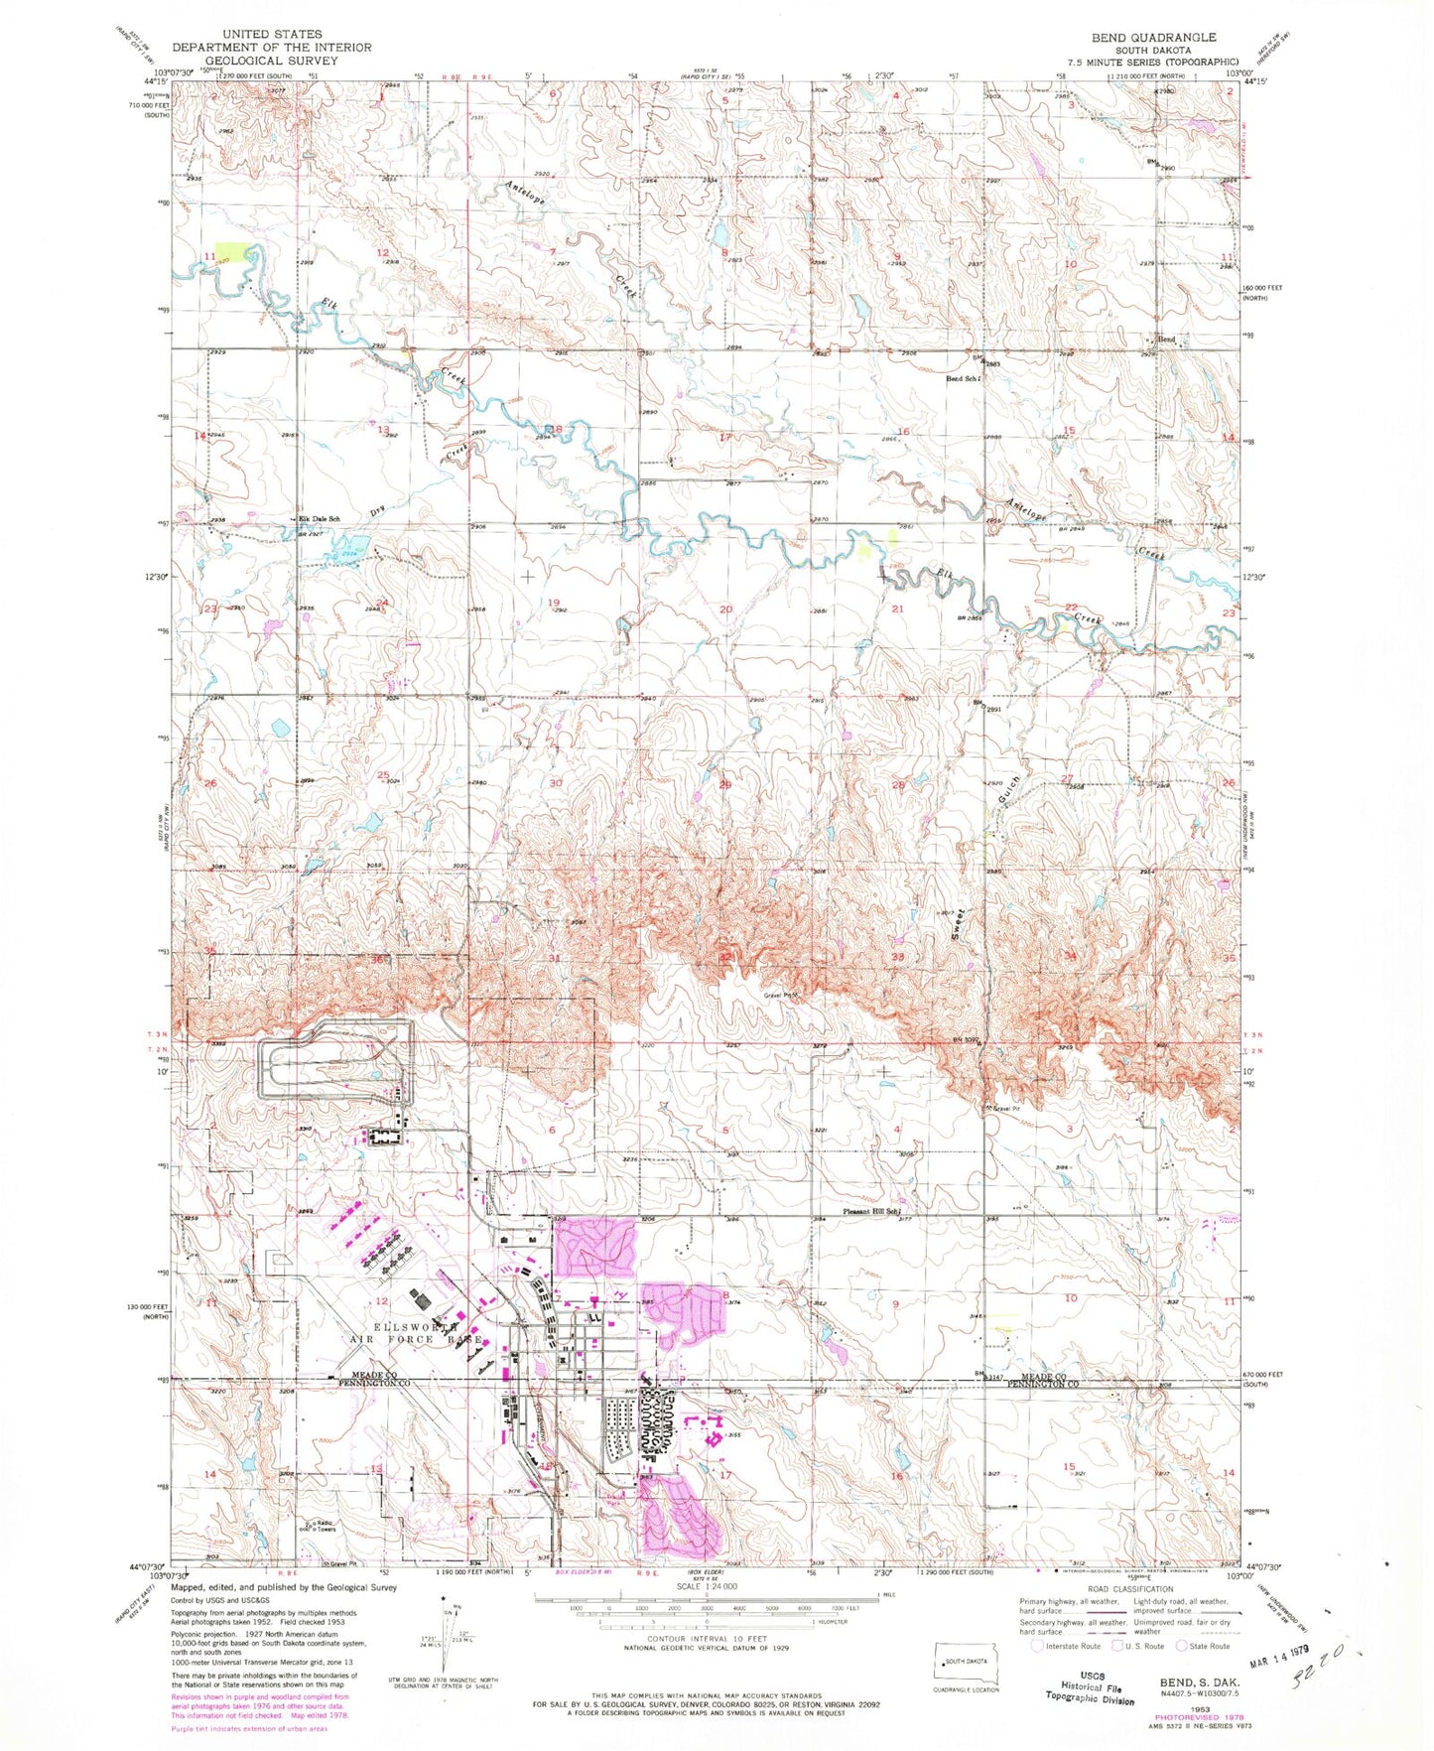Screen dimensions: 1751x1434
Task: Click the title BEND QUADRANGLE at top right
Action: [x=1153, y=37]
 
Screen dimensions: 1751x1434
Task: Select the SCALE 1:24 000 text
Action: [x=707, y=1585]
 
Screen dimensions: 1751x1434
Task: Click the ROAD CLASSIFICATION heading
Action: [x=1130, y=1589]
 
